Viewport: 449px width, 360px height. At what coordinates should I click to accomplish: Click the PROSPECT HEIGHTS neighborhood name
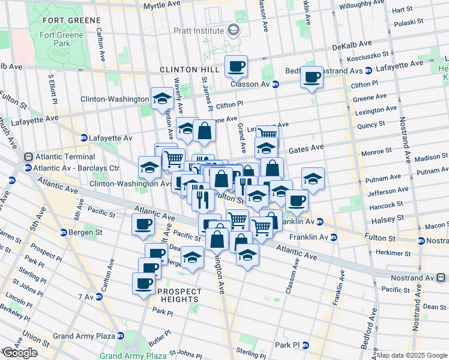(179, 292)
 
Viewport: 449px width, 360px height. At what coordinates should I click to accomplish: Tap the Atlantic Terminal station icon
(28, 157)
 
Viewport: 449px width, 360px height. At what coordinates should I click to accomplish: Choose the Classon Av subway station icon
(275, 85)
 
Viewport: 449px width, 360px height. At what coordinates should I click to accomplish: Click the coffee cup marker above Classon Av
(237, 66)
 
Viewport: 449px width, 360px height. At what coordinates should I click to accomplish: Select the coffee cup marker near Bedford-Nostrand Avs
(312, 77)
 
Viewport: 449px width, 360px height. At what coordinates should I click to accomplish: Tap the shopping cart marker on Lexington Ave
(268, 134)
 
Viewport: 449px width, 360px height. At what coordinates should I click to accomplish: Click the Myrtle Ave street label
(161, 4)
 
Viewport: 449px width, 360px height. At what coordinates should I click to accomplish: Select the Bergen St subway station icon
(64, 232)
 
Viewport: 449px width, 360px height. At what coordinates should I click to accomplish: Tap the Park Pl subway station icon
(305, 346)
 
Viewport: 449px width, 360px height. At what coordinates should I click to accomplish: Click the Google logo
(20, 353)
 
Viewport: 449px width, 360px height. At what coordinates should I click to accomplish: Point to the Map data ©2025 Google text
(412, 355)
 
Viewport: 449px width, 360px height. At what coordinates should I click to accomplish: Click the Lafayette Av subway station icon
(84, 138)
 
